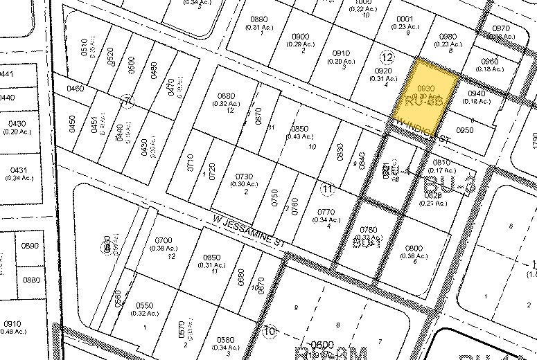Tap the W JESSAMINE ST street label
249,236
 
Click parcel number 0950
465,129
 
